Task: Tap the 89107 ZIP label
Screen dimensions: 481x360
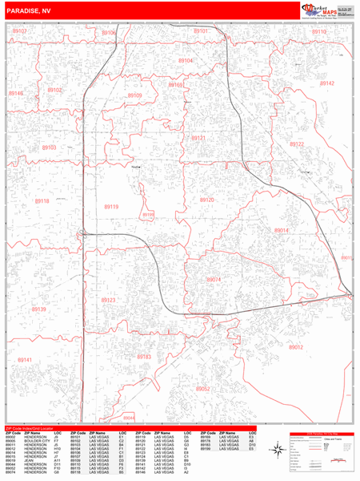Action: (x=20, y=31)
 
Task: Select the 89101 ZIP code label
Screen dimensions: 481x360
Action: (x=201, y=31)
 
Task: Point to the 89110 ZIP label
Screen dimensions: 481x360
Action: (x=319, y=32)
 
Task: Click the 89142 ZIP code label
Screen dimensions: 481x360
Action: (x=326, y=83)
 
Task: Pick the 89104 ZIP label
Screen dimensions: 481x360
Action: (x=186, y=61)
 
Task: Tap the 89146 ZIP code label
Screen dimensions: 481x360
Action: (x=16, y=94)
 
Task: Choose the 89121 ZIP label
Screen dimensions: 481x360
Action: (x=198, y=138)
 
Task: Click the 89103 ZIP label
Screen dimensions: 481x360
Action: (x=49, y=148)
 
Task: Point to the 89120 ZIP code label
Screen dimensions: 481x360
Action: (x=207, y=200)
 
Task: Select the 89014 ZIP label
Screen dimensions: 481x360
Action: (x=281, y=230)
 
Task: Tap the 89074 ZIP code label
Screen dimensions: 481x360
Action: (x=214, y=279)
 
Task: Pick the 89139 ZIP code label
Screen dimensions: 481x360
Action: (x=39, y=309)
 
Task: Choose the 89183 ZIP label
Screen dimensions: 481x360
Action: (x=145, y=357)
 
